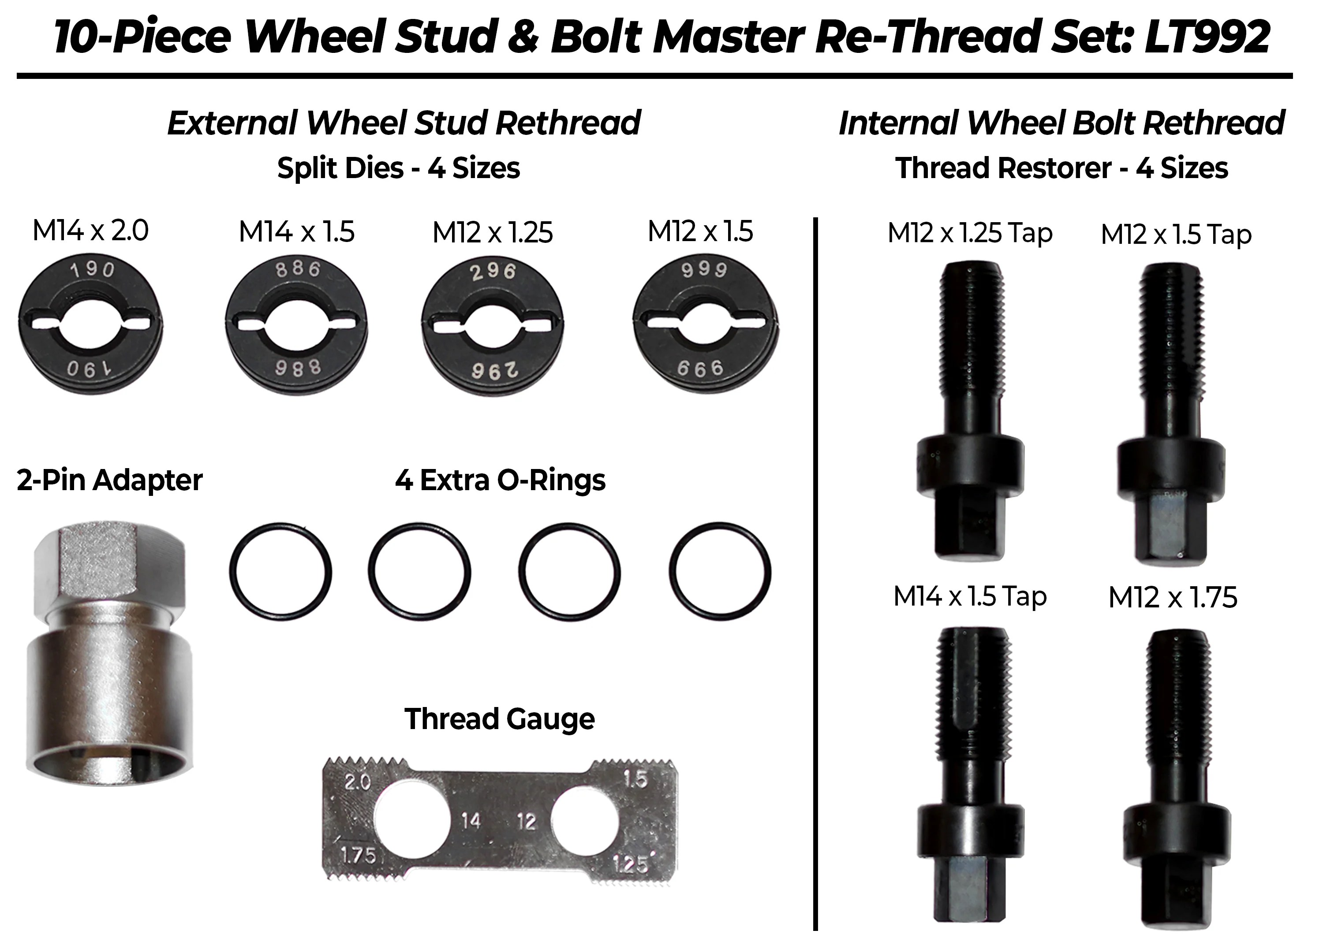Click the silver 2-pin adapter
click(x=110, y=659)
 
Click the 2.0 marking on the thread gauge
click(x=358, y=782)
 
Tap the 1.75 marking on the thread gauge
click(x=358, y=855)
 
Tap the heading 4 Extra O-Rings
click(x=500, y=480)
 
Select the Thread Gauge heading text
click(x=500, y=719)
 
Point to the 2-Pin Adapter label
click(x=110, y=480)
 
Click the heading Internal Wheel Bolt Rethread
click(x=1061, y=123)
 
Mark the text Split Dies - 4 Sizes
click(x=398, y=168)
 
